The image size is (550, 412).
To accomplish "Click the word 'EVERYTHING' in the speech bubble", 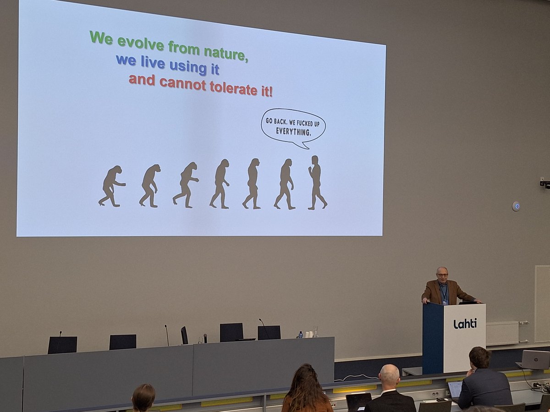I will pyautogui.click(x=293, y=132).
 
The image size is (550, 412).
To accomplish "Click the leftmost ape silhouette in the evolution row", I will pyautogui.click(x=110, y=186).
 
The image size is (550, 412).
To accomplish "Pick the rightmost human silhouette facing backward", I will pyautogui.click(x=317, y=183).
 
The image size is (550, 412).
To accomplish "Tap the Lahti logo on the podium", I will pyautogui.click(x=465, y=324).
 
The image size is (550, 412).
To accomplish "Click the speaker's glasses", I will pyautogui.click(x=442, y=275).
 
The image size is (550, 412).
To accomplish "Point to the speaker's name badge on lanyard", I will pyautogui.click(x=445, y=302).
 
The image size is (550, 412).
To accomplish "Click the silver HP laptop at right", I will pyautogui.click(x=535, y=360).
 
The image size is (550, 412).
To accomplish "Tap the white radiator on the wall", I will pyautogui.click(x=502, y=333).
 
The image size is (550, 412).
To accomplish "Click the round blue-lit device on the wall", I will pyautogui.click(x=516, y=206).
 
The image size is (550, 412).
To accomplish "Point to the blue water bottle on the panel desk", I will pyautogui.click(x=300, y=335).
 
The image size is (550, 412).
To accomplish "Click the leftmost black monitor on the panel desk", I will pyautogui.click(x=62, y=345).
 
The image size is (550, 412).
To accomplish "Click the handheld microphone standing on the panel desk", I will pyautogui.click(x=205, y=338).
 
